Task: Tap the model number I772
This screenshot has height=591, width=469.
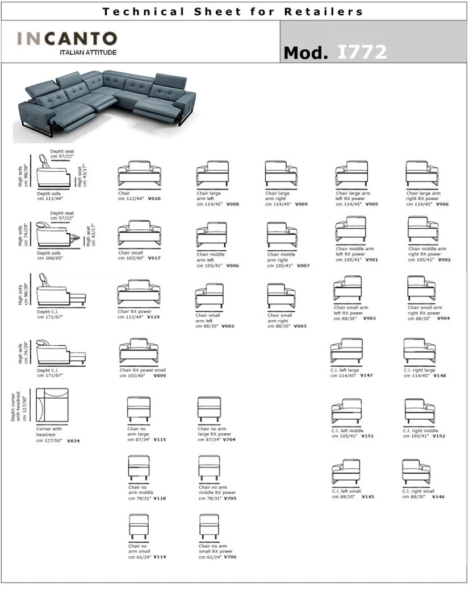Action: click(x=362, y=52)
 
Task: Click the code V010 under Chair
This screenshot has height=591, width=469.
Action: click(x=154, y=199)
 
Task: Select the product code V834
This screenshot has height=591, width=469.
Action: click(x=73, y=441)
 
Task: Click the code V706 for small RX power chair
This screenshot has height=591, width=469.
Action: click(x=230, y=557)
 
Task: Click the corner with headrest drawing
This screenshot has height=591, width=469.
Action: click(x=52, y=405)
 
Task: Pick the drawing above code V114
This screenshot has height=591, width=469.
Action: click(x=139, y=527)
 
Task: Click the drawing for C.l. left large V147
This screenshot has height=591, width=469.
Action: click(x=346, y=351)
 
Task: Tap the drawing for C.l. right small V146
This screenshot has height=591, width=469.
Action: click(x=416, y=472)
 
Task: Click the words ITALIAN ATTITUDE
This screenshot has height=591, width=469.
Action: click(x=88, y=52)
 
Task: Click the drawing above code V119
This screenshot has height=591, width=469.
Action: click(x=139, y=291)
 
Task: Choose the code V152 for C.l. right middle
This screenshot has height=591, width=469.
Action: click(x=439, y=436)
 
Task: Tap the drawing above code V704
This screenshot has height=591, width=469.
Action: click(x=209, y=410)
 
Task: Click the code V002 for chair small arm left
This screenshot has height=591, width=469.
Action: click(x=228, y=326)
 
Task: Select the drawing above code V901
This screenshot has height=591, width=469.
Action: click(x=351, y=230)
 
